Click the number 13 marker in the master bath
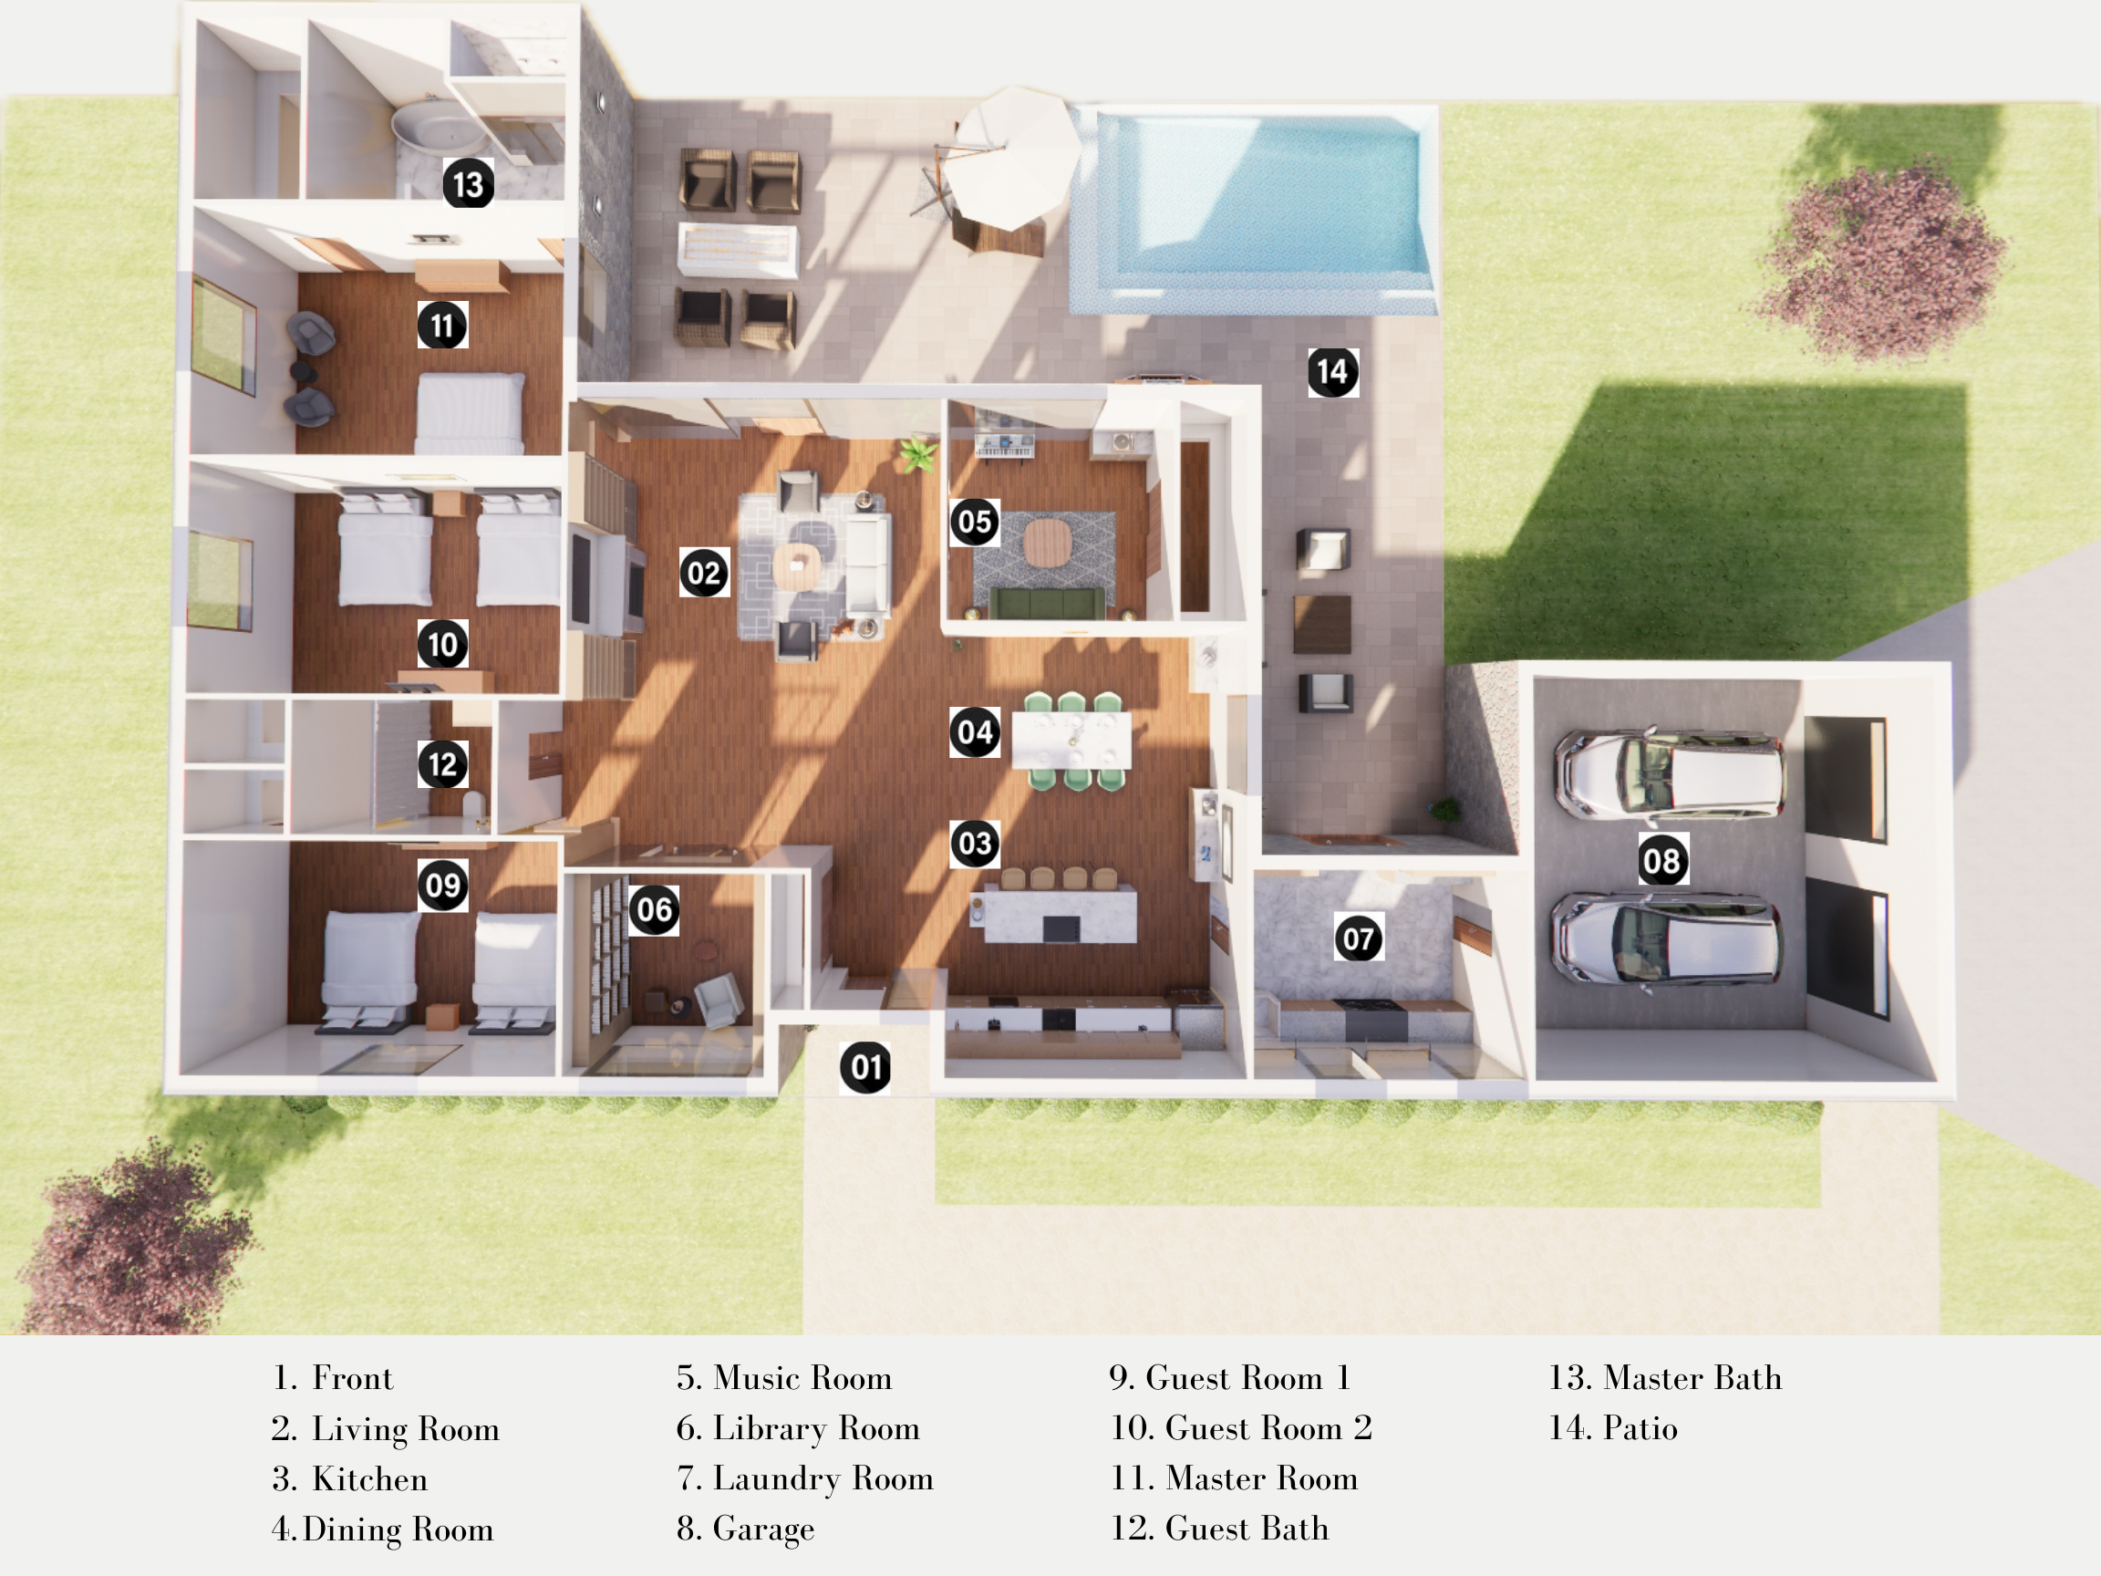pos(469,183)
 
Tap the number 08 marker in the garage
pos(1662,861)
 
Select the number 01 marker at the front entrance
pos(865,1067)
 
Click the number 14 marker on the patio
pos(1332,371)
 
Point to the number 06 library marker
pos(655,910)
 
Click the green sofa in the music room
pos(1047,602)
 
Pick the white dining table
pos(1071,739)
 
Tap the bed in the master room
pos(471,413)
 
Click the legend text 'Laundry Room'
pos(823,1478)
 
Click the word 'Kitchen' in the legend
pos(369,1478)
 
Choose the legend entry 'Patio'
pos(1640,1428)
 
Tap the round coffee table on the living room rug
pos(796,566)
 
